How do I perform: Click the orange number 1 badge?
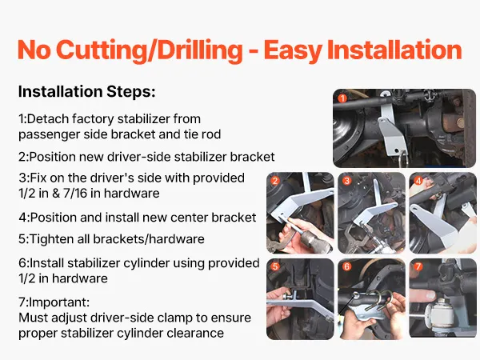[342, 98]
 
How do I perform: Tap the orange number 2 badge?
[275, 181]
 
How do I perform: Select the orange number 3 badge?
[346, 181]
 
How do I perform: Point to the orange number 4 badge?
[418, 181]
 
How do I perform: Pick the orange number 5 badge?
[275, 266]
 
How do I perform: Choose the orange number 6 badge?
[346, 266]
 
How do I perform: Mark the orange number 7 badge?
[418, 266]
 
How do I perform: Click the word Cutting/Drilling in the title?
[150, 50]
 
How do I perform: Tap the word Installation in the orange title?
[394, 50]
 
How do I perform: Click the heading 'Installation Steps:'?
[87, 91]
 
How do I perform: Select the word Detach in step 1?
[48, 118]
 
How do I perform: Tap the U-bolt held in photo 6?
[380, 298]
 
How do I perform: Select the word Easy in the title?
[292, 50]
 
